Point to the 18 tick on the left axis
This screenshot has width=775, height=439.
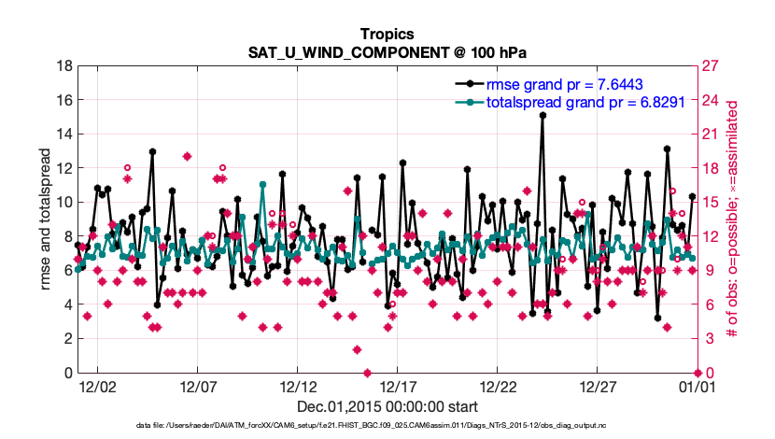pos(63,66)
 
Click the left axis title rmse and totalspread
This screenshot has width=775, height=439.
pos(47,220)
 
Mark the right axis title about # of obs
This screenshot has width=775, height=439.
pos(733,220)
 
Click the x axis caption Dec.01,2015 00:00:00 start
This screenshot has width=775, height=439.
pos(387,407)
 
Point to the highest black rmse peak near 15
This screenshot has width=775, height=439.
pos(542,115)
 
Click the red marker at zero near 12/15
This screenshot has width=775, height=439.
pos(367,374)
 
